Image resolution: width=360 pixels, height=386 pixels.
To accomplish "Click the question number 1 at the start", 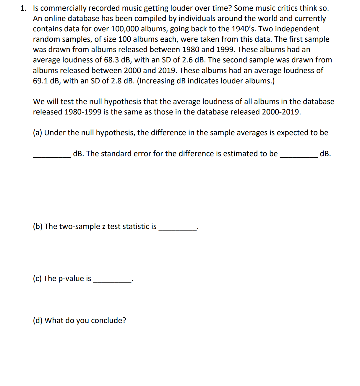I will pos(23,8).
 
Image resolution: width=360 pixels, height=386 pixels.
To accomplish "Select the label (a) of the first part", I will pos(37,133).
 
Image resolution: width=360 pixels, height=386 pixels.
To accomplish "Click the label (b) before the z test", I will pos(38,227).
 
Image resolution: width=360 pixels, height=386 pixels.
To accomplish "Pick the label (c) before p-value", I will pos(37,279).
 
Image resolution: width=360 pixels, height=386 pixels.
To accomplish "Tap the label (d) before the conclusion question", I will pos(38,321).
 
